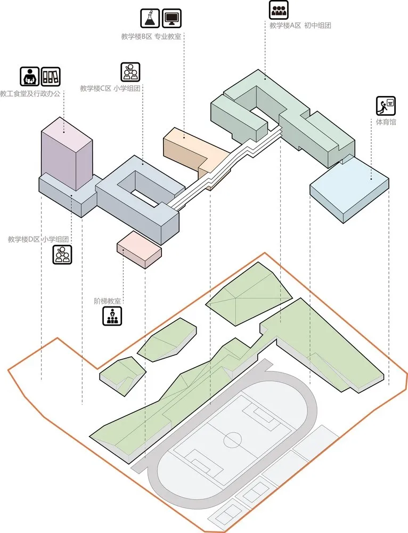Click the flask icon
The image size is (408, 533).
(x=150, y=18)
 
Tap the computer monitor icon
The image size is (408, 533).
(x=172, y=18)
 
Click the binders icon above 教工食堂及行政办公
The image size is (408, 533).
(x=51, y=77)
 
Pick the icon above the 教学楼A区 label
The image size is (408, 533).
(x=279, y=10)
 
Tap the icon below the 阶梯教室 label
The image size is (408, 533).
(x=112, y=316)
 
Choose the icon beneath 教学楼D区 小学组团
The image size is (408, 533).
(x=62, y=254)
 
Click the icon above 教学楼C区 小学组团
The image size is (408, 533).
(x=130, y=71)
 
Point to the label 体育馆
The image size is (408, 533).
(x=386, y=123)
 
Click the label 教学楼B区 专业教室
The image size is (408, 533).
(x=151, y=36)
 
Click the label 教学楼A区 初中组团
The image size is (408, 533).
(x=300, y=25)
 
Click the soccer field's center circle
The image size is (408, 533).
(x=233, y=440)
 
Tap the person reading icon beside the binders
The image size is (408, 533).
(x=30, y=77)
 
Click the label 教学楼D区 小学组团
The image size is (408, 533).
(x=38, y=239)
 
